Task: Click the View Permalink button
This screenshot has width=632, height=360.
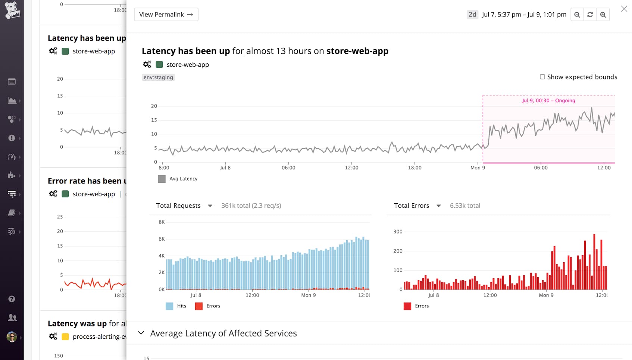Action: [x=166, y=15]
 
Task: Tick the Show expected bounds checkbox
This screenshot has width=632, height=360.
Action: [x=542, y=77]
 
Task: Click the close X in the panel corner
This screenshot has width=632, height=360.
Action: [x=624, y=9]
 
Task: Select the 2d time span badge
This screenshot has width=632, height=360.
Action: [x=472, y=15]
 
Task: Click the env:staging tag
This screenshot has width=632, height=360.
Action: [x=158, y=77]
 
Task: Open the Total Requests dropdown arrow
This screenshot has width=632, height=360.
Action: [x=210, y=206]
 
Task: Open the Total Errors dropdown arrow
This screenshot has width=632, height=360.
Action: [x=439, y=206]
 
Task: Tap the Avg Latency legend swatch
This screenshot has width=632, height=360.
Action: [x=162, y=179]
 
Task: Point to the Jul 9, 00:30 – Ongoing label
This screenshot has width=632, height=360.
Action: [x=548, y=101]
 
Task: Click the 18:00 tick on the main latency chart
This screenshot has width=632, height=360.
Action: [x=414, y=168]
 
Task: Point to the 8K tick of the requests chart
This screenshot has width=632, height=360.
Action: [x=162, y=222]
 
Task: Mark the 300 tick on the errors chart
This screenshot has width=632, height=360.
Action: [x=398, y=232]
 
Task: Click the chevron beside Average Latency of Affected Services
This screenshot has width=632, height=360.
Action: [x=141, y=333]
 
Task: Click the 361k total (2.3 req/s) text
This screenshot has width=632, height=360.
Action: [x=251, y=206]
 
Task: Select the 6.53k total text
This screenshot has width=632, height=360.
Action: [x=465, y=206]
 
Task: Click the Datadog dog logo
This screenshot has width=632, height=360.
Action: [x=12, y=10]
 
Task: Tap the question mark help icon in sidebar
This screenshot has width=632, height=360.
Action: [x=12, y=299]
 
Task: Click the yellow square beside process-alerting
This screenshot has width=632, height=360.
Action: [x=65, y=336]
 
